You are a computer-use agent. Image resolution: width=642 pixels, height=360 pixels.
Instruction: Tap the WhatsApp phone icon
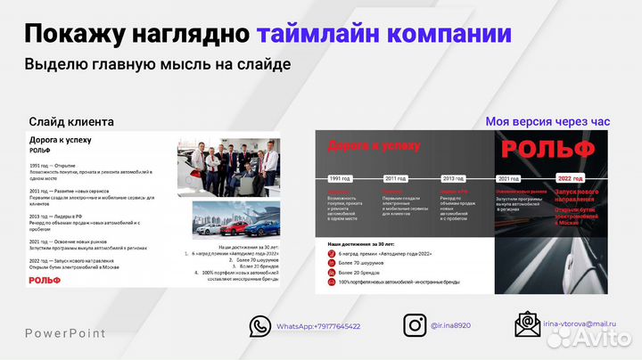[x=259, y=326]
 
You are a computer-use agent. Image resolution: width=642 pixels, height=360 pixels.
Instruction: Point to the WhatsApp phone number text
[x=318, y=327]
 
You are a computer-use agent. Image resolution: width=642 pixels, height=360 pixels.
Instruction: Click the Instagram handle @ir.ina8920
[x=450, y=327]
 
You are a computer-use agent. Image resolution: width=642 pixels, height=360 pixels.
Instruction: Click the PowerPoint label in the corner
[x=64, y=334]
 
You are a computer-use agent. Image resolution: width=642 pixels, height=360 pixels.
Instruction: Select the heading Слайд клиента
[x=71, y=121]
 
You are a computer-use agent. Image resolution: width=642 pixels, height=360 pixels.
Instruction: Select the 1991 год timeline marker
[x=340, y=178]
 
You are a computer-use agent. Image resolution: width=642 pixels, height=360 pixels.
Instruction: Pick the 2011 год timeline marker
[x=395, y=178]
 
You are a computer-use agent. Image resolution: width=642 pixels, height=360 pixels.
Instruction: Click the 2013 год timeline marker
[x=453, y=178]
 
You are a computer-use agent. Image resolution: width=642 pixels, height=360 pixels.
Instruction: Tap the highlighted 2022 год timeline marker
[x=570, y=178]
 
